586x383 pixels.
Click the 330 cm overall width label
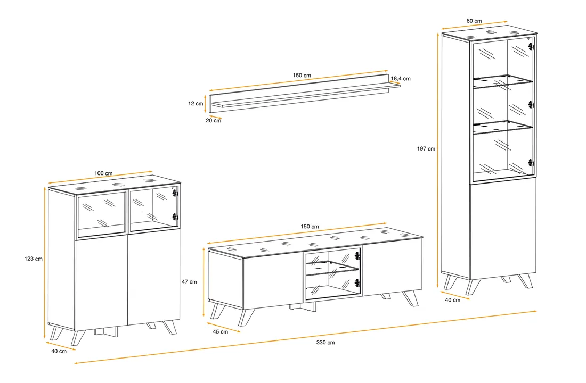325,343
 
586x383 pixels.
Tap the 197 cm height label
426,148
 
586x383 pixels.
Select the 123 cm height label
33,259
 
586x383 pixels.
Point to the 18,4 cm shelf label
401,78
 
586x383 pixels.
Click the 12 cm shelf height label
196,103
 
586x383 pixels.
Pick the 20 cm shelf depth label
214,121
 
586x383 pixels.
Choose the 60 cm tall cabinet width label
474,21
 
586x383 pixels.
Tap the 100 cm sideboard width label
103,173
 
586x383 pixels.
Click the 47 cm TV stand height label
189,282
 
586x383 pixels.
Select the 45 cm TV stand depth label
220,331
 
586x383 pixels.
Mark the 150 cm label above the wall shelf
302,76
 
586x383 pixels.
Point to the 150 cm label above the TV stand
310,227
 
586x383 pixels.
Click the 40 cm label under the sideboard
59,351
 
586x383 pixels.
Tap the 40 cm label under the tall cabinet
453,300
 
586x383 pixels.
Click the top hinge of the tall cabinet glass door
531,47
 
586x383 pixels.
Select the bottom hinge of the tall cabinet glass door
531,163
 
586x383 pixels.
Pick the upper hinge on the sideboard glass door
175,193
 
